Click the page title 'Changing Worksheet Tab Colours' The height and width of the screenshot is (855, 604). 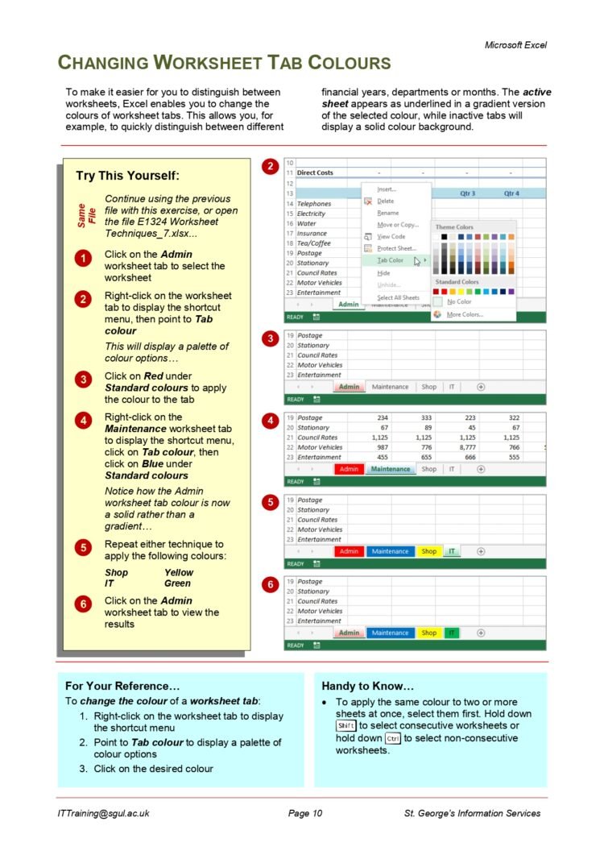[224, 63]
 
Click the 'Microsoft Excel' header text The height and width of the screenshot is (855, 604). [515, 45]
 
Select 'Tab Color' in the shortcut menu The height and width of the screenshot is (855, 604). [391, 260]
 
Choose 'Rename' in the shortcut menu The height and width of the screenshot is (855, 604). [387, 213]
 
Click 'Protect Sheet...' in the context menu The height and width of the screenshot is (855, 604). [396, 248]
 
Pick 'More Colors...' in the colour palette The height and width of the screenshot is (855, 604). [465, 314]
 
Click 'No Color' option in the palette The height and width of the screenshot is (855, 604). [458, 301]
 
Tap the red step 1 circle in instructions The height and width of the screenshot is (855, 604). [83, 259]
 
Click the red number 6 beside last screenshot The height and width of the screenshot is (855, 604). [271, 584]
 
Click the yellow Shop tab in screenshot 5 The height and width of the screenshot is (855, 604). [428, 551]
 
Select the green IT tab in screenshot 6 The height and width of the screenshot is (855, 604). [451, 633]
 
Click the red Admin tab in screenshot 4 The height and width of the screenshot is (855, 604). [349, 469]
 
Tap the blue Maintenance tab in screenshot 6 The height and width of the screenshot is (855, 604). [390, 633]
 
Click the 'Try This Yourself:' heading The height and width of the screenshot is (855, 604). [127, 176]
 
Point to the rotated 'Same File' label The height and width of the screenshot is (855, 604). [86, 216]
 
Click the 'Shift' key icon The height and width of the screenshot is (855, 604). [346, 725]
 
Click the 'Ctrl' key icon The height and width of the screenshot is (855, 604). [393, 738]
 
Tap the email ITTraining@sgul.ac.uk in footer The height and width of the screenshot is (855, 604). [103, 813]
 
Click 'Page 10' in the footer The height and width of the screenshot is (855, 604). [305, 813]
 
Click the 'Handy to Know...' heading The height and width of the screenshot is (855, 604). [367, 686]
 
